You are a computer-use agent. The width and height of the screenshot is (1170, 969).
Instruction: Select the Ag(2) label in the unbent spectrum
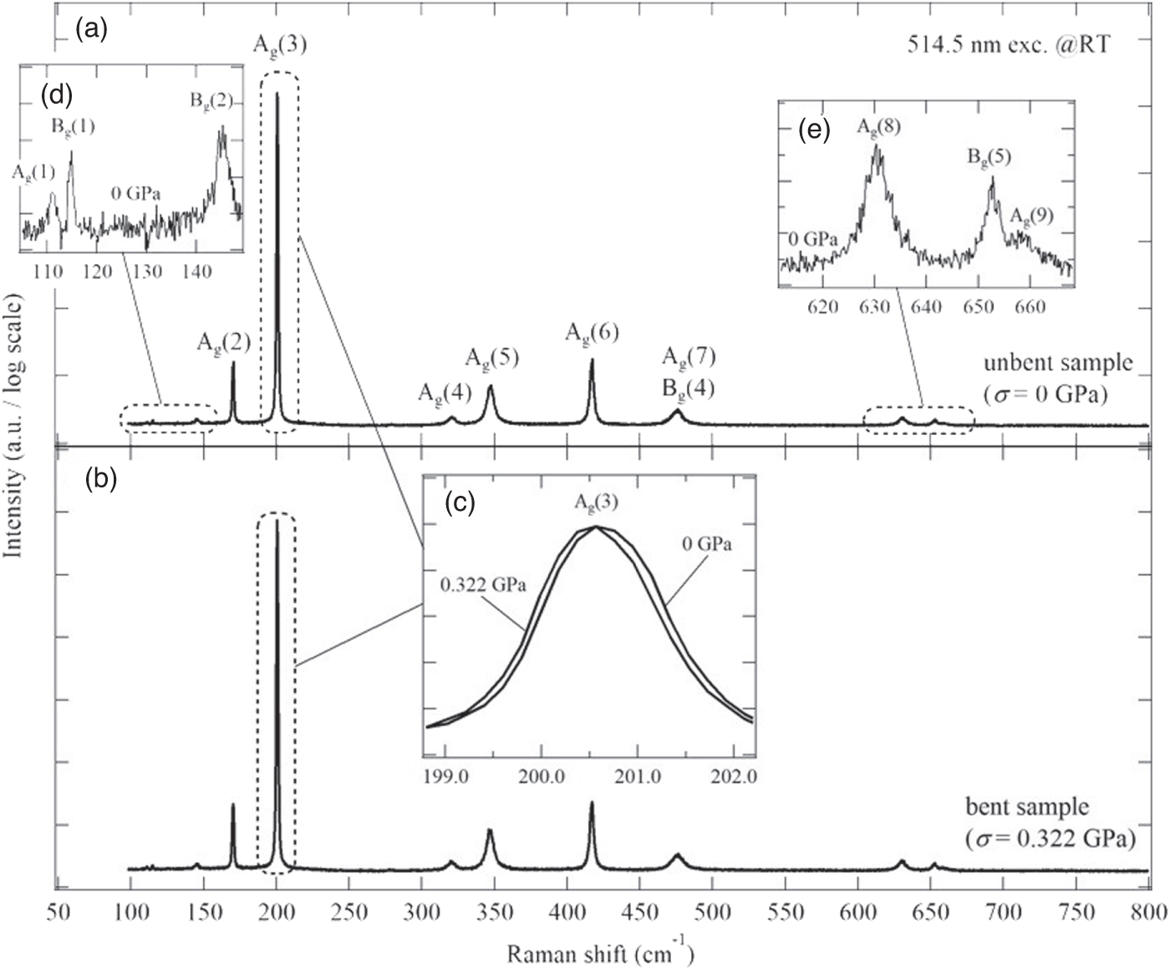click(223, 342)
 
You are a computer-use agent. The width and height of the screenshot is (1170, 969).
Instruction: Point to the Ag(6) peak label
click(592, 333)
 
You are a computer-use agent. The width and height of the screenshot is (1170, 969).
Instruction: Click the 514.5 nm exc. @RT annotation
click(1010, 45)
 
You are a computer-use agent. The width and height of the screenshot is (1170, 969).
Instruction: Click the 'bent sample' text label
click(1027, 808)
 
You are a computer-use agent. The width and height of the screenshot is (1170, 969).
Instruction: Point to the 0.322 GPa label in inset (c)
click(483, 584)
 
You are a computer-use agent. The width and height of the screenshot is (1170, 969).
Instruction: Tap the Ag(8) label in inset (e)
click(878, 128)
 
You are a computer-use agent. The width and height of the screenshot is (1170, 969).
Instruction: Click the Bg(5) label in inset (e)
click(989, 157)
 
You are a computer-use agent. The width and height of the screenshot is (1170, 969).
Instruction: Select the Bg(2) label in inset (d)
click(211, 102)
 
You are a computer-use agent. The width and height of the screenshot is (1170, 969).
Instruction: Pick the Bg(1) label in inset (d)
click(72, 127)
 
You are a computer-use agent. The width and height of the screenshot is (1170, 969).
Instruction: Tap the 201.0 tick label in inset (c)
click(638, 776)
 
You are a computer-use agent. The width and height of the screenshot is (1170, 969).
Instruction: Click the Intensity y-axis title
click(14, 439)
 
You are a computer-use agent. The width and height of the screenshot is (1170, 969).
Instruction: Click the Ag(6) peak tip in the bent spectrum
click(592, 803)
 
